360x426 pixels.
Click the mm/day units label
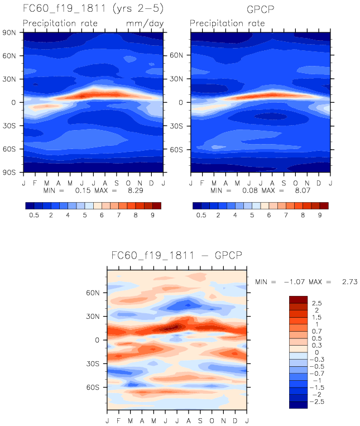(146, 23)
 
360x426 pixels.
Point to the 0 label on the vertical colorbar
(317, 353)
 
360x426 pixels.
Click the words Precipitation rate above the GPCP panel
(227, 23)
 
